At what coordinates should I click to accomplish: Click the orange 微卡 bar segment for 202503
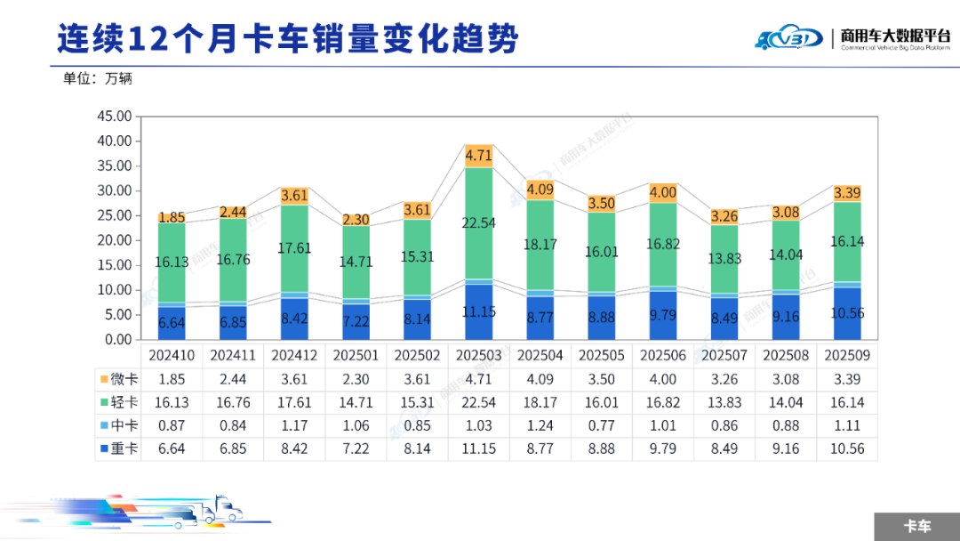[478, 156]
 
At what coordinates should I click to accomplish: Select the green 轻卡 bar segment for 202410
[172, 262]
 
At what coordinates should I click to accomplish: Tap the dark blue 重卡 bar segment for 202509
[847, 313]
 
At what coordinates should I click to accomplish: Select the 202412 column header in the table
[294, 355]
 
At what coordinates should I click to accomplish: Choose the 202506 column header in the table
[663, 355]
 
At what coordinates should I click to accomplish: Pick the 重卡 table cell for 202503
[478, 449]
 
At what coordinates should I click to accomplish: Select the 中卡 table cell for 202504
[540, 426]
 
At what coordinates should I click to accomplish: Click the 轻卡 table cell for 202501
[356, 403]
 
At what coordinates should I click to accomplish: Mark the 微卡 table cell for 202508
[786, 379]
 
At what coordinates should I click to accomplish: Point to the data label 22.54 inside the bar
[478, 223]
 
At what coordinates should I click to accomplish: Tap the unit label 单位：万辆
[98, 78]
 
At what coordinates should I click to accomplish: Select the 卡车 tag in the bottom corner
[916, 526]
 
